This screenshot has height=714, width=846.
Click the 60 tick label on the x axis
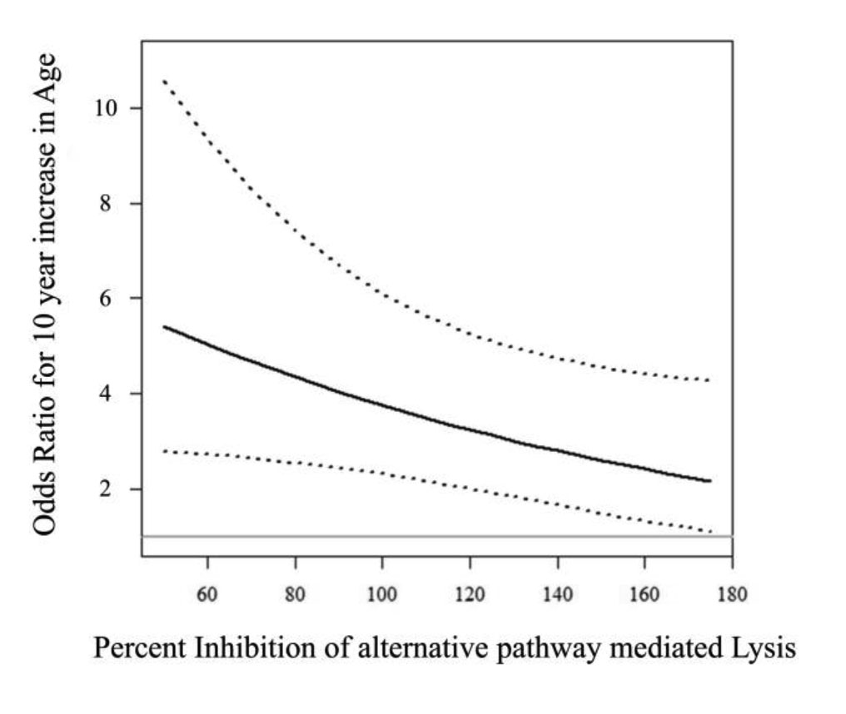click(x=207, y=595)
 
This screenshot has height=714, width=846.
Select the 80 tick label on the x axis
click(x=295, y=595)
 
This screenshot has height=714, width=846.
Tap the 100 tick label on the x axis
click(x=381, y=595)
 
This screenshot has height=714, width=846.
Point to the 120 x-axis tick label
click(x=469, y=595)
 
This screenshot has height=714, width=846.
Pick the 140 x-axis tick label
click(x=556, y=595)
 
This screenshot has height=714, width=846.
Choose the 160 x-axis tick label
click(x=644, y=595)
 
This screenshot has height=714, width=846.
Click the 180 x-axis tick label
click(x=731, y=595)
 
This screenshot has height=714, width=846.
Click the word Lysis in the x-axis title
click(x=756, y=648)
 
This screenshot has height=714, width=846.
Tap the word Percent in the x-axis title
click(x=139, y=648)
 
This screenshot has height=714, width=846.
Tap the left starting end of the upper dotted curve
click(x=163, y=80)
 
